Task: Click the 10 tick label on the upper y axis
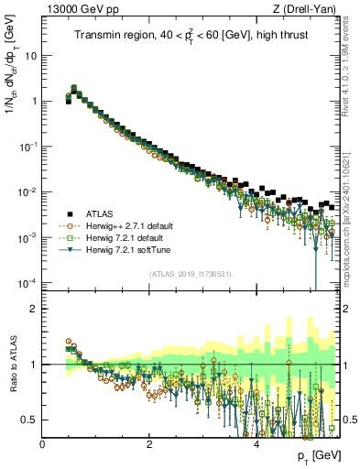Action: [32, 55]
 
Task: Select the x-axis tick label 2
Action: [149, 445]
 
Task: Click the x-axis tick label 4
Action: [256, 445]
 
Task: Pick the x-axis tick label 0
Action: [42, 445]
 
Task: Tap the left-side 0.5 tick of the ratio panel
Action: [30, 420]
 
